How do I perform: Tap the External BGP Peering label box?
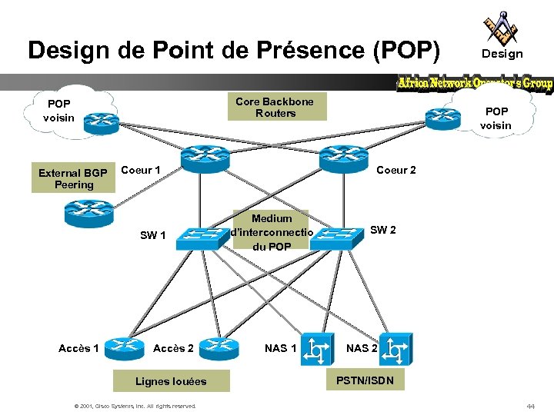pyautogui.click(x=74, y=178)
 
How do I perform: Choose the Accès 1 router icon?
pyautogui.click(x=123, y=349)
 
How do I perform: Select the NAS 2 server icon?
pyautogui.click(x=395, y=348)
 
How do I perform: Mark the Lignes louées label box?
pyautogui.click(x=170, y=380)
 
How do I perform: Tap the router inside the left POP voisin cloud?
pyautogui.click(x=101, y=119)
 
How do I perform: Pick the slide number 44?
pyautogui.click(x=530, y=405)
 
